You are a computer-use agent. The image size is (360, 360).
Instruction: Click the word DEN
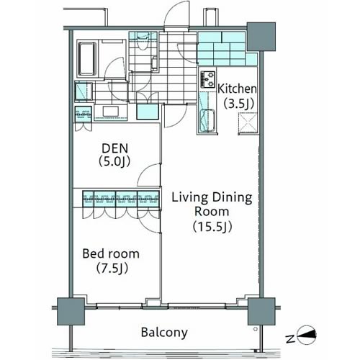click(x=115, y=148)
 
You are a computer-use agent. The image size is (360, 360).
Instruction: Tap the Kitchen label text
click(x=237, y=89)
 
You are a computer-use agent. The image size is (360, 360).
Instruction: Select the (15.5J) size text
click(x=212, y=226)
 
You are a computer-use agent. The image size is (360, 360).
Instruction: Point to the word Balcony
click(x=164, y=333)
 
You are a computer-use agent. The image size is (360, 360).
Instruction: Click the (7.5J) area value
click(x=112, y=268)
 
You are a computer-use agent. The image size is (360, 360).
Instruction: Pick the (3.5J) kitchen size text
click(x=239, y=104)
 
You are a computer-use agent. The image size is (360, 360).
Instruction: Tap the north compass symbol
click(x=306, y=335)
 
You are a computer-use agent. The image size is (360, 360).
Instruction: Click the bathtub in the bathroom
click(x=88, y=59)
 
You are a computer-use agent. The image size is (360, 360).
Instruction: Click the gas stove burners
click(x=207, y=79)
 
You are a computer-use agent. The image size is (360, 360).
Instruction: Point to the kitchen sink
click(x=207, y=120)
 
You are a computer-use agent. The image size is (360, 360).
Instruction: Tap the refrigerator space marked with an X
click(x=248, y=123)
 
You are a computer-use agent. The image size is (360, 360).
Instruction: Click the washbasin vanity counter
click(x=110, y=112)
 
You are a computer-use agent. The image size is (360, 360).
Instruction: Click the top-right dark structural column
click(x=261, y=37)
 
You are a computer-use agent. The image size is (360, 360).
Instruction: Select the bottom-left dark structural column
click(x=71, y=312)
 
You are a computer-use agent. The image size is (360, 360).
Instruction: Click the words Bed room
click(x=111, y=253)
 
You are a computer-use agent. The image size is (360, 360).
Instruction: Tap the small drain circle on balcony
click(x=256, y=329)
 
